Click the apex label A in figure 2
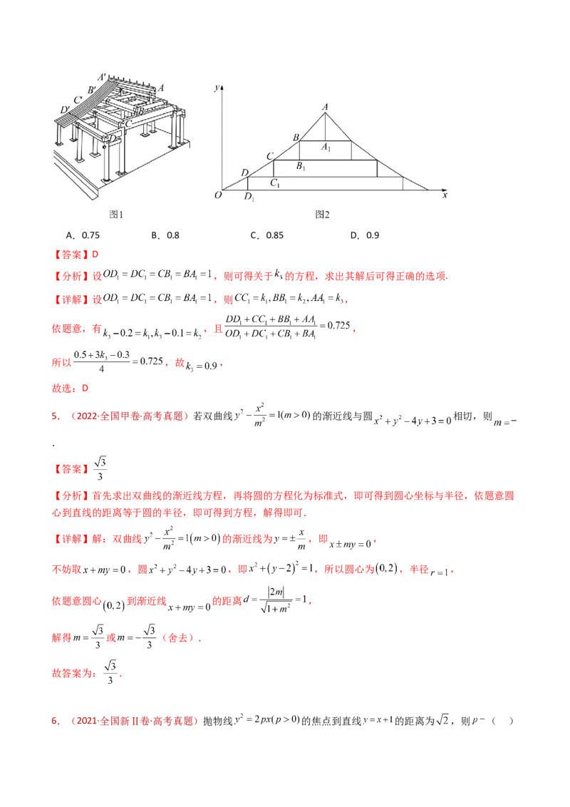point(326,107)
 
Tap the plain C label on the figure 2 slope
point(270,156)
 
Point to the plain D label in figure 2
point(245,173)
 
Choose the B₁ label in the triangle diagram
point(301,167)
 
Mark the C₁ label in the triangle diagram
point(274,183)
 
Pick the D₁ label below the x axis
point(249,197)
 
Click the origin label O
point(217,195)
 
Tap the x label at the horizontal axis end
point(445,195)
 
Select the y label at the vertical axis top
point(217,87)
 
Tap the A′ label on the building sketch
point(103,76)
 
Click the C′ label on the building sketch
point(77,100)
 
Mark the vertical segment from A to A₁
point(326,127)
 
